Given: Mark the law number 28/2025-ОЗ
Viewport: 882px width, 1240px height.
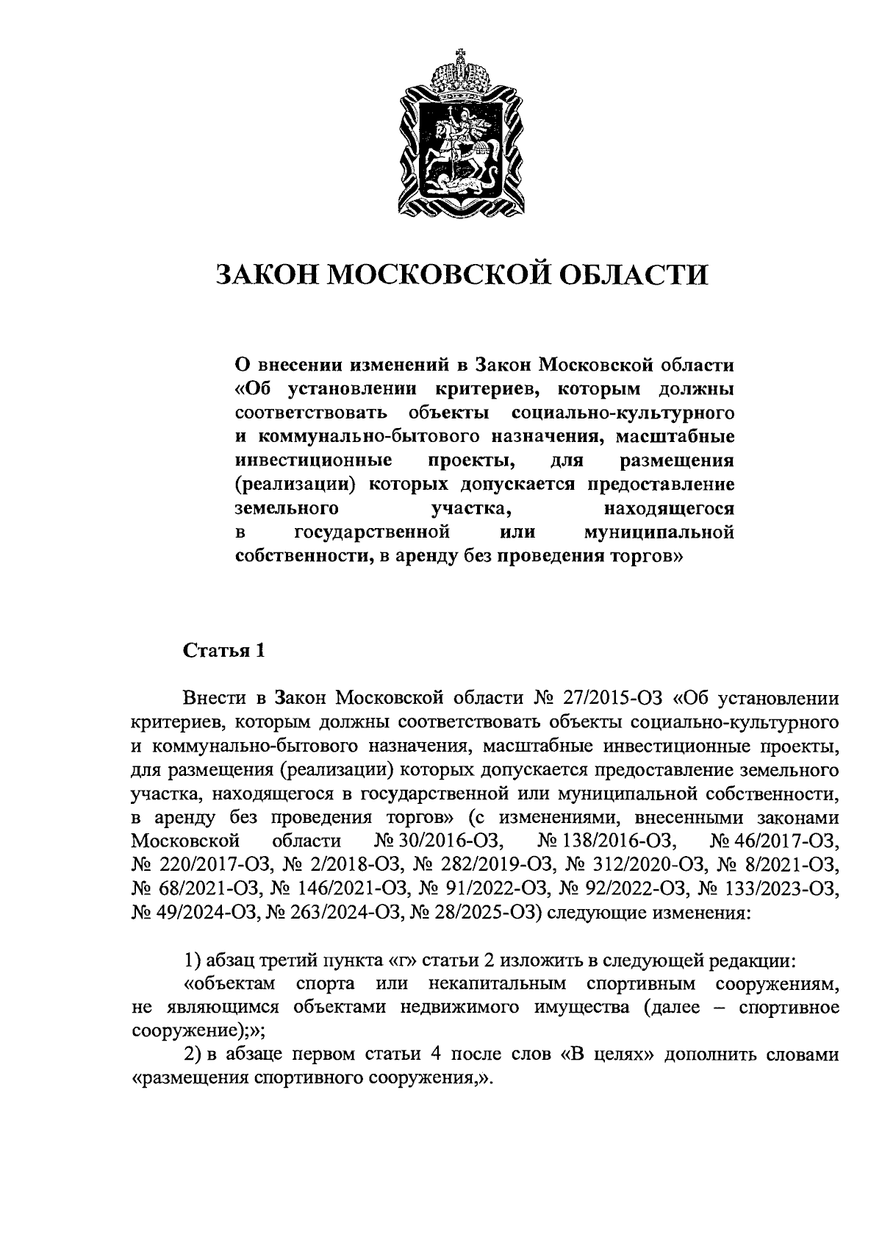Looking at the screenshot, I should tap(479, 913).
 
